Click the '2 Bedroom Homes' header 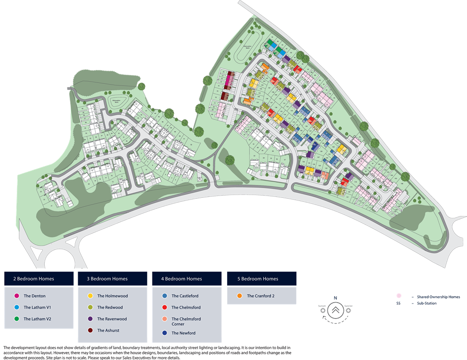click(34, 279)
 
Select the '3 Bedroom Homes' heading click(107, 279)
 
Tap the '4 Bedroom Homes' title click(182, 279)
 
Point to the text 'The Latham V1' click(37, 308)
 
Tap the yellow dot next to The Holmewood click(90, 296)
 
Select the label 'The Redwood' click(110, 308)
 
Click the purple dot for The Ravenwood click(90, 319)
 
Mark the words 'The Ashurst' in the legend click(108, 330)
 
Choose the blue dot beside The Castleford click(165, 296)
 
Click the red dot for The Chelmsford click(165, 308)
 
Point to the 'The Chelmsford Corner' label click(186, 321)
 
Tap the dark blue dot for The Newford click(165, 333)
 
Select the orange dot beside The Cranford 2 click(239, 296)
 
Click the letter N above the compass click(335, 298)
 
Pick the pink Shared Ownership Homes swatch click(399, 296)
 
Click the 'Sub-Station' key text click(426, 303)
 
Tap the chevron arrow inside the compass click(335, 309)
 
